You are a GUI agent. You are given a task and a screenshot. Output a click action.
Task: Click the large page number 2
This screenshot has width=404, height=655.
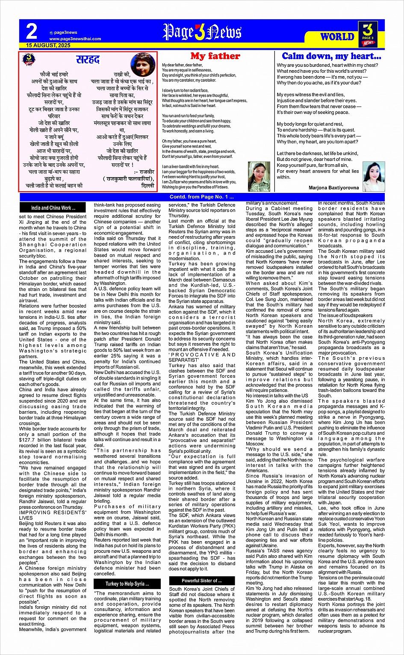(x=32, y=32)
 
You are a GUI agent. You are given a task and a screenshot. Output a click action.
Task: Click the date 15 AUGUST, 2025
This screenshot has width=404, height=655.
(x=48, y=45)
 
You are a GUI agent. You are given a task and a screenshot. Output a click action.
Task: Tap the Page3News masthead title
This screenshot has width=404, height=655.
(x=202, y=32)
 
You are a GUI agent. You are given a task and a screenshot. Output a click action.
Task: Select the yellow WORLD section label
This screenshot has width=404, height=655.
(x=337, y=37)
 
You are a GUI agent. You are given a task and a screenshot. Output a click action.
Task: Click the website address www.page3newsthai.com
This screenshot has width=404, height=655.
(x=75, y=39)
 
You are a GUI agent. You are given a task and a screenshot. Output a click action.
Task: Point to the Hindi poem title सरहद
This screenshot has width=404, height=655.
(x=88, y=59)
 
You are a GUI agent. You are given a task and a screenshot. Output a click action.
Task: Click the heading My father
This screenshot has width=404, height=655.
(x=215, y=56)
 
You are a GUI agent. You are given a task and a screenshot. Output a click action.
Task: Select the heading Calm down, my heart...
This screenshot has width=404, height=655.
(x=331, y=56)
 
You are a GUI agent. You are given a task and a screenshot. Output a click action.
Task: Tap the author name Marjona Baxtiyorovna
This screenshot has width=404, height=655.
(x=333, y=188)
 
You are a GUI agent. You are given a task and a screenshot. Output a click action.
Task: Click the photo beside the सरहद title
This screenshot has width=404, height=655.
(x=142, y=64)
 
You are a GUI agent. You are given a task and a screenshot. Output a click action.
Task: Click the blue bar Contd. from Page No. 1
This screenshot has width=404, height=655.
(x=202, y=197)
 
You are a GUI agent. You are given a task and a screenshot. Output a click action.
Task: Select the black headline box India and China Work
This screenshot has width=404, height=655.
(x=53, y=208)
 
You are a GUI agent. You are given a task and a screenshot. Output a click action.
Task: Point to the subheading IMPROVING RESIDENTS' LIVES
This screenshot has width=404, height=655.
(x=53, y=515)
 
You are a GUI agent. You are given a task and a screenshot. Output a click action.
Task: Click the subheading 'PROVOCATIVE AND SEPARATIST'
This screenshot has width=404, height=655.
(x=202, y=357)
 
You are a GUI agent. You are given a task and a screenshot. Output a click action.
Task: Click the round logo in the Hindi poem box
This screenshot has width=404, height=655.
(x=29, y=59)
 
